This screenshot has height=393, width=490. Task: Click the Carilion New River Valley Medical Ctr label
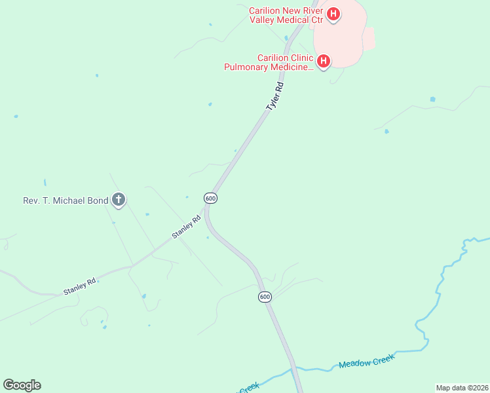[x=286, y=15]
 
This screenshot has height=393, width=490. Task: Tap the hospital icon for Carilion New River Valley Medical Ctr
[x=333, y=14]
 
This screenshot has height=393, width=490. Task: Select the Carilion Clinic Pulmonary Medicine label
[x=268, y=62]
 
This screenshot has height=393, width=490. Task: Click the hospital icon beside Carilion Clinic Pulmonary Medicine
[x=323, y=62]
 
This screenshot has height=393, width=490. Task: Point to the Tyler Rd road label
[x=275, y=96]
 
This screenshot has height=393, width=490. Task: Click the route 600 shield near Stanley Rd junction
[x=210, y=198]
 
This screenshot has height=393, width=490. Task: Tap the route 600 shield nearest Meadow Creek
[x=264, y=297]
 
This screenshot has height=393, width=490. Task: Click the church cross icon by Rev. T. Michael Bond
[x=119, y=199]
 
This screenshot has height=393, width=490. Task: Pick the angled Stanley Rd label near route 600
[x=185, y=227]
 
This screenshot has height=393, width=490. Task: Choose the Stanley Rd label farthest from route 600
[x=80, y=286]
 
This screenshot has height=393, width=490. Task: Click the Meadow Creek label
[x=367, y=362]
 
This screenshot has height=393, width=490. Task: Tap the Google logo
[x=22, y=385]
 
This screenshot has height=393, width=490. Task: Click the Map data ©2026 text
[x=462, y=388]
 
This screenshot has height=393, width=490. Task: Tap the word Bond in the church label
[x=97, y=200]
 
